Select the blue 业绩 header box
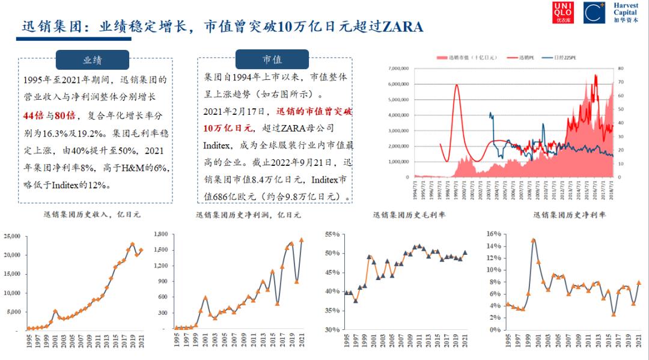coord(93,59)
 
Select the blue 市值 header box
coord(272,59)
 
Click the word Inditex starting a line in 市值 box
coord(219,145)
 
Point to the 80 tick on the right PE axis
coord(620,69)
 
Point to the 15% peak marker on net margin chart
coord(533,240)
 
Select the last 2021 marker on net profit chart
coord(302,240)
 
